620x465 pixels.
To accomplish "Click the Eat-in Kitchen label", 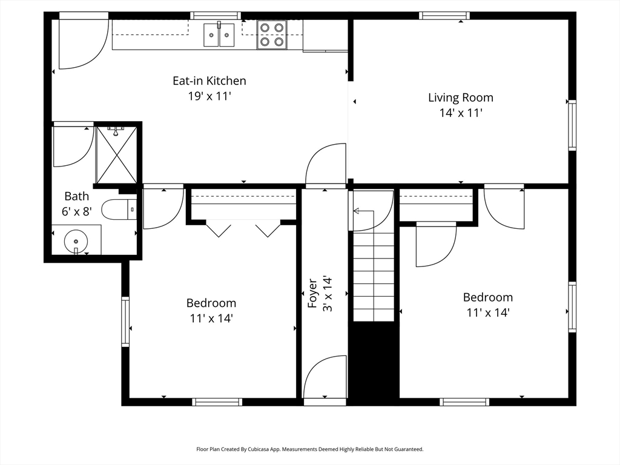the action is pos(209,81).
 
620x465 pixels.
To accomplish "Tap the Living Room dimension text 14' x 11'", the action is pos(461,113).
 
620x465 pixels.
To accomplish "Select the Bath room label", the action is pos(77,196).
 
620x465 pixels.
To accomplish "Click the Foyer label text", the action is pos(312,294).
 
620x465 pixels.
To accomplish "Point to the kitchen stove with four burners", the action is pos(272,35).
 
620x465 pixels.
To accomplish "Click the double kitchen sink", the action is pos(219,35).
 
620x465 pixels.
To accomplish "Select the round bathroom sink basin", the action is pos(76,241).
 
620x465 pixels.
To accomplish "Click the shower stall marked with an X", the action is pos(117,154).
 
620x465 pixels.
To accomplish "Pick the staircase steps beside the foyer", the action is pos(374,277).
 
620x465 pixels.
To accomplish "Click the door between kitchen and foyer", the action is pos(325,165).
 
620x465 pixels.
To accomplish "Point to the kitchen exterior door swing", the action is pos(84,44).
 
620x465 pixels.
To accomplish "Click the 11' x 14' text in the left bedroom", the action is pos(211,318).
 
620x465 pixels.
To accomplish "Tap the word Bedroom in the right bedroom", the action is pos(488,297).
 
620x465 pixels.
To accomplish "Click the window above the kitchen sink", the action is pos(216,16).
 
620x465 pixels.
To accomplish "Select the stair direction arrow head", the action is pos(356,211).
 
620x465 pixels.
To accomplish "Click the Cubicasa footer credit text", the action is pos(310,449).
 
